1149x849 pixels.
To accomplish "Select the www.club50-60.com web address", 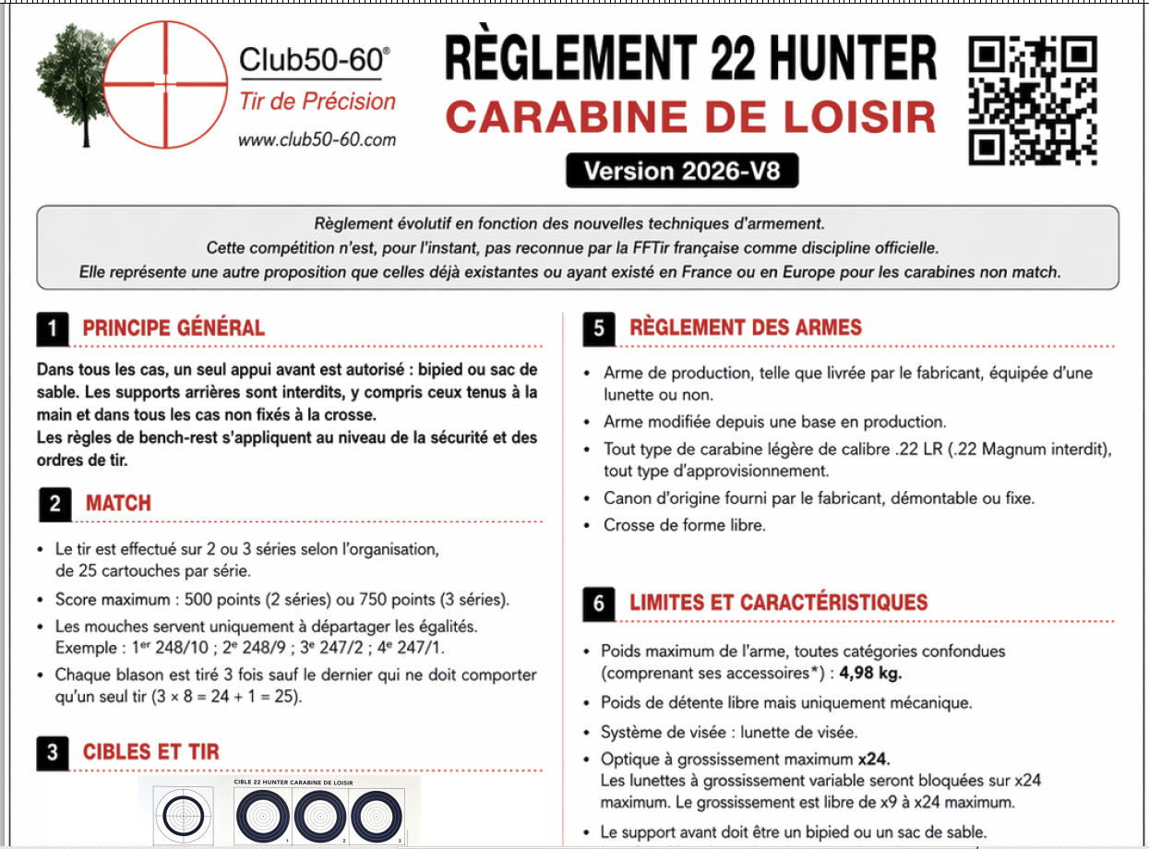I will tap(317, 140).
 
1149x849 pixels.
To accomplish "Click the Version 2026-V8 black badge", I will tap(681, 172).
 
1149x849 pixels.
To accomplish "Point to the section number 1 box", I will tap(53, 329).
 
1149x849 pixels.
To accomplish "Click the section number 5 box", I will tap(599, 329).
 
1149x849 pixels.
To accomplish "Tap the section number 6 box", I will tap(599, 604).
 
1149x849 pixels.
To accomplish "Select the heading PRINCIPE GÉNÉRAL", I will tap(174, 329).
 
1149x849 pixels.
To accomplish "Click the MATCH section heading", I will tap(118, 504).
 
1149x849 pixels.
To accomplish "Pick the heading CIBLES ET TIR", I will tap(151, 752).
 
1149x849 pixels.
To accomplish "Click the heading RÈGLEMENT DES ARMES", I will tap(745, 328).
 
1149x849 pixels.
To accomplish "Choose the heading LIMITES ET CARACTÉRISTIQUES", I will tap(778, 604).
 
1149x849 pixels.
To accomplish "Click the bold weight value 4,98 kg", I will tap(870, 673).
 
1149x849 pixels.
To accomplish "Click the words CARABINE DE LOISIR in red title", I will tap(690, 117).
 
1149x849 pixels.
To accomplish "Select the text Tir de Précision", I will tap(317, 102).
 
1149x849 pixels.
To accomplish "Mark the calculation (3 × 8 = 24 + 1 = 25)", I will tap(227, 697).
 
